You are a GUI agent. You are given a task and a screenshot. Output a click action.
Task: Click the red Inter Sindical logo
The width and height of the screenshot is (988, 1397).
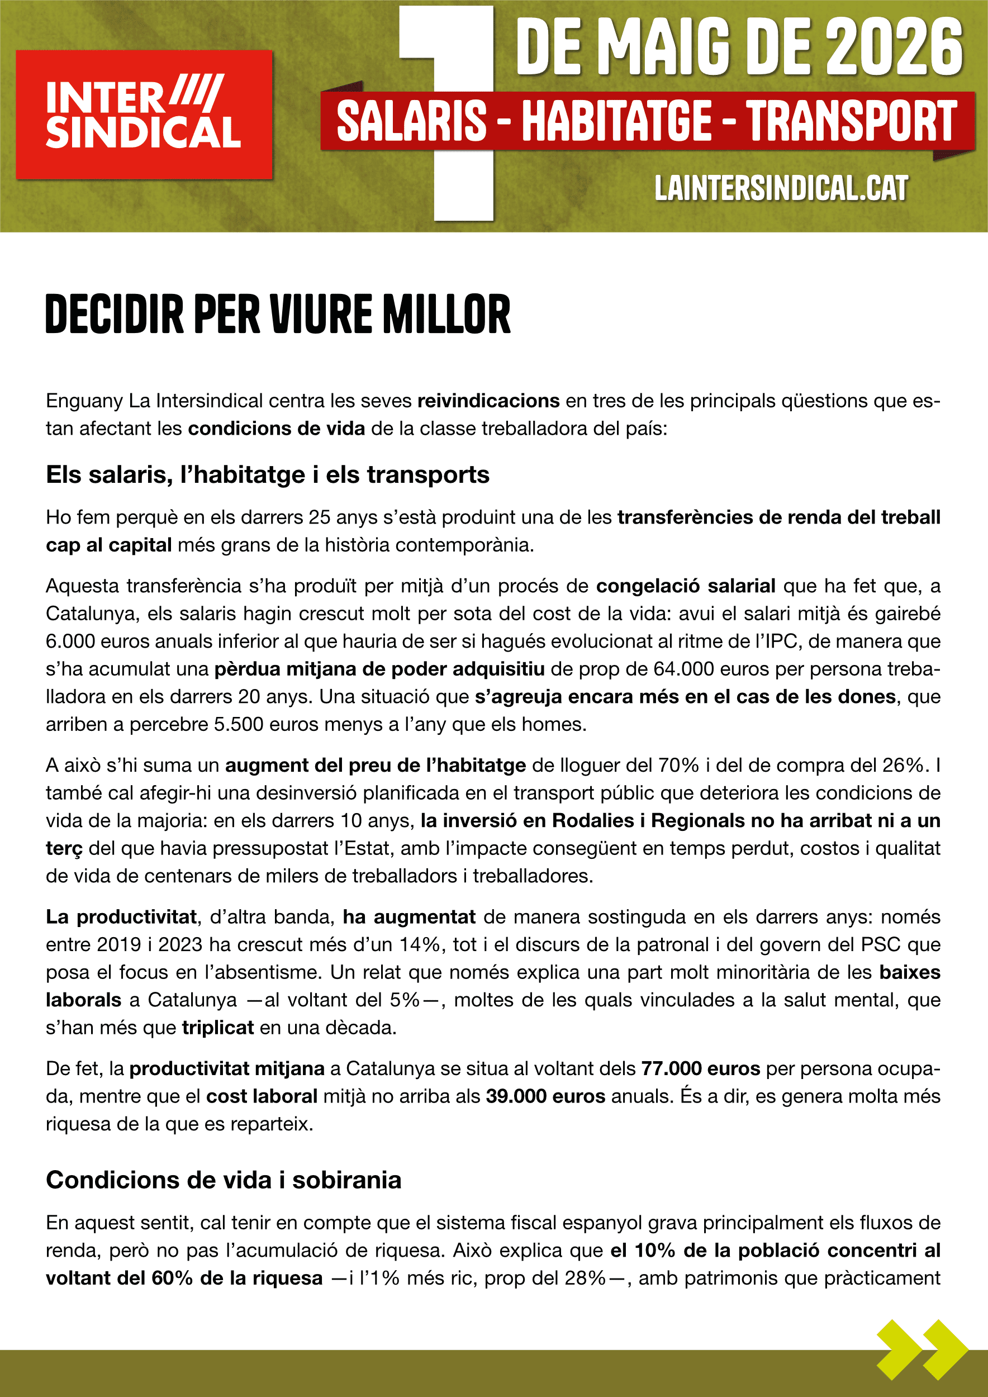pyautogui.click(x=144, y=115)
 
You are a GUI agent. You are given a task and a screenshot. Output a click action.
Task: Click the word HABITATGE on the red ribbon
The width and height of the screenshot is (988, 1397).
pyautogui.click(x=616, y=121)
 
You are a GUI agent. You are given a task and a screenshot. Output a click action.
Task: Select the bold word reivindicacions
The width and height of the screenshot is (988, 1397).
pyautogui.click(x=488, y=401)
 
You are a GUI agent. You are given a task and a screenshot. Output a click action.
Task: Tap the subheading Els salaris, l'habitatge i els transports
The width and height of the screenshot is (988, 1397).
pyautogui.click(x=268, y=474)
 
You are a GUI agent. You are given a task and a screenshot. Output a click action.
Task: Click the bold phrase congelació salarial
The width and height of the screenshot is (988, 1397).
pyautogui.click(x=685, y=586)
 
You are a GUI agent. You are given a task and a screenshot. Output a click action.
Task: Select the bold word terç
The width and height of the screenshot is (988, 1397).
pyautogui.click(x=64, y=848)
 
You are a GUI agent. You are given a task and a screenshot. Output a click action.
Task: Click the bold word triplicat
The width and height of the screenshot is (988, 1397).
pyautogui.click(x=217, y=1028)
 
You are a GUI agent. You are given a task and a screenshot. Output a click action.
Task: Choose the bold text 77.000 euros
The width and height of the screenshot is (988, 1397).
pyautogui.click(x=700, y=1068)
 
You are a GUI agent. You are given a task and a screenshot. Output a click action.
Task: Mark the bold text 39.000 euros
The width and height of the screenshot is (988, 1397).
pyautogui.click(x=545, y=1096)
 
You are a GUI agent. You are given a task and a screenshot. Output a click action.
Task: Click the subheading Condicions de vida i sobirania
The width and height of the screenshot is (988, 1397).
pyautogui.click(x=224, y=1180)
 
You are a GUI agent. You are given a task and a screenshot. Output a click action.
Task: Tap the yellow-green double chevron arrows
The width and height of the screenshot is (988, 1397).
pyautogui.click(x=921, y=1349)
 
